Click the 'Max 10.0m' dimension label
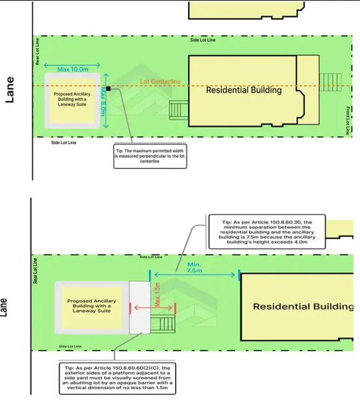73,70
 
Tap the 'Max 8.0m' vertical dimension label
103,101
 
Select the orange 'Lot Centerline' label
160,81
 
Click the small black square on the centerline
109,89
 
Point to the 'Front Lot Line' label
348,121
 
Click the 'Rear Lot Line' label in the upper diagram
37,52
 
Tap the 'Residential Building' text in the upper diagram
244,90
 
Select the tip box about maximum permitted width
150,156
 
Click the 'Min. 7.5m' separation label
195,267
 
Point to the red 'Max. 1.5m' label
158,295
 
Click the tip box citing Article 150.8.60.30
267,232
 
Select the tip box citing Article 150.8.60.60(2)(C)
117,378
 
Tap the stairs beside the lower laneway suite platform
163,324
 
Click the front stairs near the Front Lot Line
331,82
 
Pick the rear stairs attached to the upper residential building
179,110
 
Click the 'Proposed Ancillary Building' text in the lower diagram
92,306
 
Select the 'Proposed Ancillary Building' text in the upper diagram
72,99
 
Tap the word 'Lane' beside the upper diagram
10,89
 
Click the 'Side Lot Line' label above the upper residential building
203,40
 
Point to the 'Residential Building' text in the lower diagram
303,307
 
